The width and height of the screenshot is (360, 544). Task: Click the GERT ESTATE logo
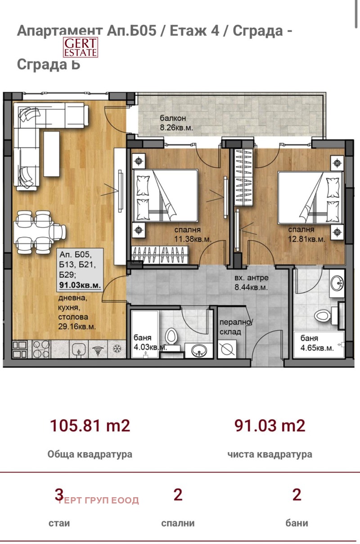80,47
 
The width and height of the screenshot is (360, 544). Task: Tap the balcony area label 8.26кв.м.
176,127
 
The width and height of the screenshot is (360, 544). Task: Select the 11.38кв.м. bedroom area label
193,240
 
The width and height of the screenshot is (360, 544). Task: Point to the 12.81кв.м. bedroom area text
306,240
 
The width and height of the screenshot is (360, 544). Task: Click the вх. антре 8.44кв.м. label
251,287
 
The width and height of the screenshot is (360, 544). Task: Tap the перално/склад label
236,327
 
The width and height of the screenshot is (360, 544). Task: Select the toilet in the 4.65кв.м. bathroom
323,315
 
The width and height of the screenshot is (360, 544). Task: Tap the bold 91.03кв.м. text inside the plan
80,286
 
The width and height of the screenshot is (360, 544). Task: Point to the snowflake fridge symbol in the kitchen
116,349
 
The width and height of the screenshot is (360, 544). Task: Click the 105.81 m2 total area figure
90,425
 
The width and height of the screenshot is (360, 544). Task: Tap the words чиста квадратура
270,454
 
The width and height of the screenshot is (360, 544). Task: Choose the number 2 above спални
178,495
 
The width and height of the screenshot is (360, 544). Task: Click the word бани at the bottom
297,523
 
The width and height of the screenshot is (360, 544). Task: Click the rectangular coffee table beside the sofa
51,156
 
